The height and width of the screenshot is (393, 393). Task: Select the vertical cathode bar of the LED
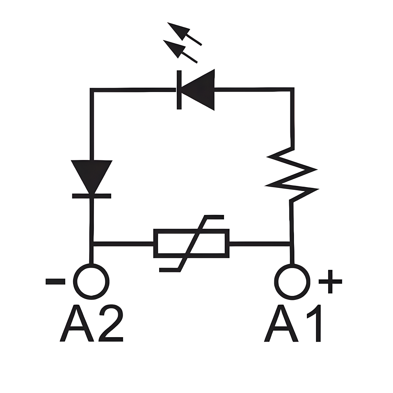coord(179,90)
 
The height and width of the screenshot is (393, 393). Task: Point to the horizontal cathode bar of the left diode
coord(92,195)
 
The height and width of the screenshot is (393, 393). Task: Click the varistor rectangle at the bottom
coord(191,244)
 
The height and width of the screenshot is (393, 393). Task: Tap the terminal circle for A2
coord(91,281)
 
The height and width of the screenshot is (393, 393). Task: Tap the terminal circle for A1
coord(292,281)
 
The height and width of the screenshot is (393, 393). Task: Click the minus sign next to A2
coord(55,281)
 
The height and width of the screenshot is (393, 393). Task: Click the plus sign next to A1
coord(330,281)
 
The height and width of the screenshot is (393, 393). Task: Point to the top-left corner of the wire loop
coord(92,90)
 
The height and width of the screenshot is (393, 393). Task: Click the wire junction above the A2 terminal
coord(92,244)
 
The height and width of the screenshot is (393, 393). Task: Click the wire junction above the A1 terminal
coord(292,244)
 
